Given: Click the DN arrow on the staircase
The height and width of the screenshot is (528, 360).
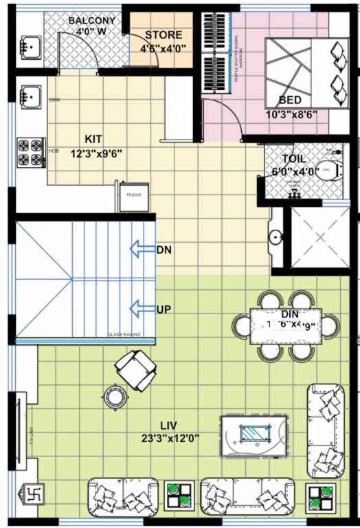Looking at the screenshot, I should point(142,250).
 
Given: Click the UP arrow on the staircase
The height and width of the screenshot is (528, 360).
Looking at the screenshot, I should point(142,310).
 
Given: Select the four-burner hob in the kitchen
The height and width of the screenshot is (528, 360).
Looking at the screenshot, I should point(30,153).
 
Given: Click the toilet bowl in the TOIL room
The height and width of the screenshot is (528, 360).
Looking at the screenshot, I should point(328,168).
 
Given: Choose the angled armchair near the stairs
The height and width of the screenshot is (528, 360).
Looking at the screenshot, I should point(135,369).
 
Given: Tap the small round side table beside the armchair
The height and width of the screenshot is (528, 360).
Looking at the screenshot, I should point(112,396).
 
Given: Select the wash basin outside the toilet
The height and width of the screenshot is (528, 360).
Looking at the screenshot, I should point(276,238).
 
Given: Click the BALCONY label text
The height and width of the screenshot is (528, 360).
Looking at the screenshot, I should point(92,21).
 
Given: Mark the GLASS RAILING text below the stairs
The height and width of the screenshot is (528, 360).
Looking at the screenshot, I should point(124,335).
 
